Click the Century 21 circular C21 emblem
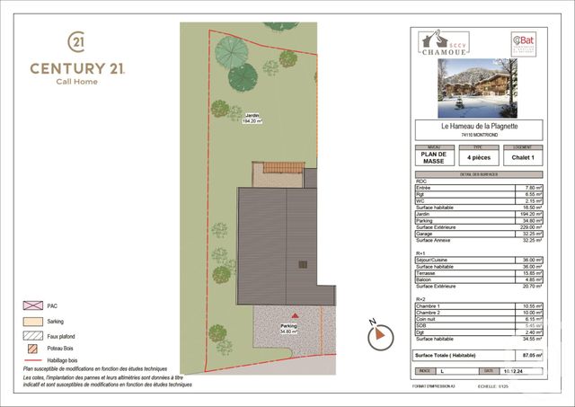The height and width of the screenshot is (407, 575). [77, 41]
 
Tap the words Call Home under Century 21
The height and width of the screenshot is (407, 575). [77, 82]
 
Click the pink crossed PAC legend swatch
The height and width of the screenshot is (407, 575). [32, 305]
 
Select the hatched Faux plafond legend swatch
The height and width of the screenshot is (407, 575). [32, 334]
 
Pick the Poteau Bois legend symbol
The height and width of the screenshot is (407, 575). [32, 349]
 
